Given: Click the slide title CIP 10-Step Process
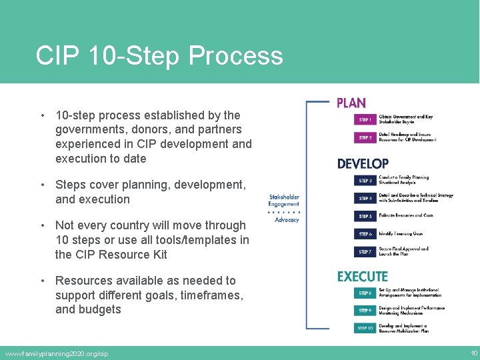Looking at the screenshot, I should point(159,55).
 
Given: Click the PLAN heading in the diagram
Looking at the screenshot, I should point(351,103).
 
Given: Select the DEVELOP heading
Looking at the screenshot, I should point(363,163).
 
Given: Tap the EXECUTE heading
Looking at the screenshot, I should point(362,276).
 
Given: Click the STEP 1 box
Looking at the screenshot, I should point(365,120).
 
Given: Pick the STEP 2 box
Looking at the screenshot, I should point(365,138).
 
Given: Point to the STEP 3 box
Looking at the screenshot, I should point(365,181).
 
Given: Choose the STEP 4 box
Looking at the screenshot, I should point(365,198).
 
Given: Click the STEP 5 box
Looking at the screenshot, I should point(365,216).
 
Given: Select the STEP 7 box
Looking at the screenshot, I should point(365,252).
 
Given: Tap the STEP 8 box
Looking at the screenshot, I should point(365,293).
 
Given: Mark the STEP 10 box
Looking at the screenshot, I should point(365,328).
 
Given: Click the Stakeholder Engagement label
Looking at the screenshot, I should point(284,201).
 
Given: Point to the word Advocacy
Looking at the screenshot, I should point(287,220).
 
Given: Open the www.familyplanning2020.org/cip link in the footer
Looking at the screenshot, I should point(56,353).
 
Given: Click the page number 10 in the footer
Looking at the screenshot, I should point(473,353).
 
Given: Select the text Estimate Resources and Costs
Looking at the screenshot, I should point(405,216).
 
